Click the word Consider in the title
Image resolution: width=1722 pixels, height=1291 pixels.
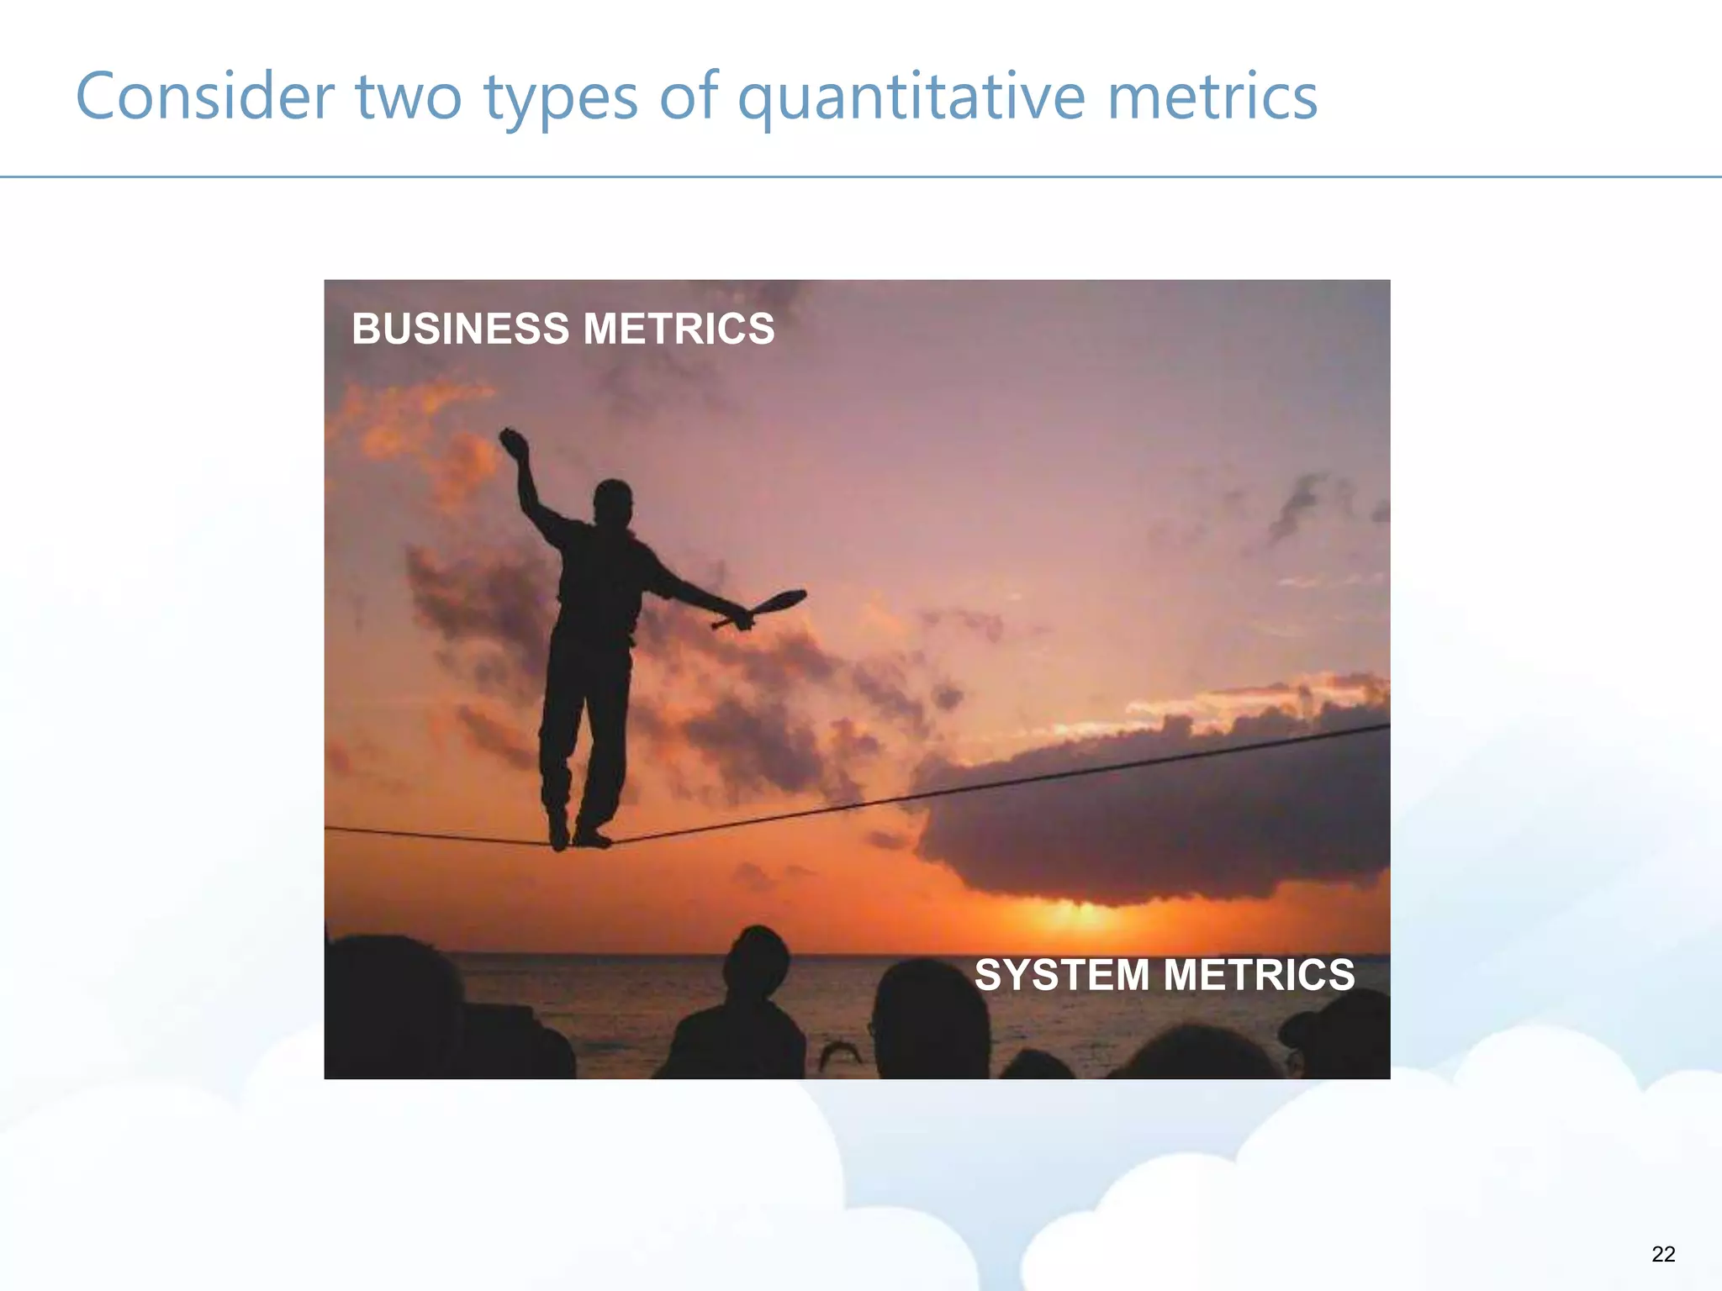click(205, 97)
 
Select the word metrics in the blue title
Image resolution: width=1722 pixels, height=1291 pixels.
click(1212, 97)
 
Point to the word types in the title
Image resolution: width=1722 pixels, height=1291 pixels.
click(560, 97)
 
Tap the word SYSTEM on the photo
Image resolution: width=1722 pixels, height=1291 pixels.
click(1061, 975)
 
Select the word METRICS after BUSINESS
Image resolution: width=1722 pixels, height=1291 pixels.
click(679, 329)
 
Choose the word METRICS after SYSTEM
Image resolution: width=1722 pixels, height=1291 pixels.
click(1259, 975)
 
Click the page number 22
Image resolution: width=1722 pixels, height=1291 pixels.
click(1662, 1254)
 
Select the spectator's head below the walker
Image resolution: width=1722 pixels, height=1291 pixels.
click(757, 962)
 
